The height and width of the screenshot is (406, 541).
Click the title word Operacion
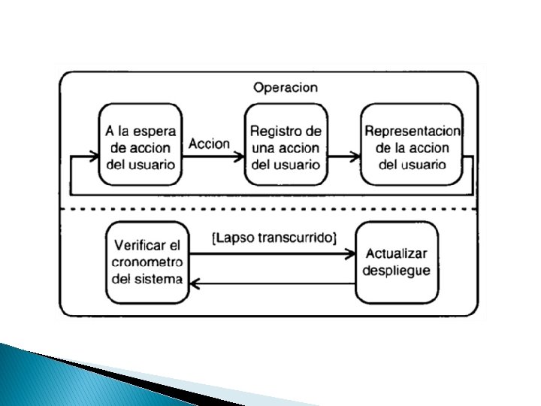(285, 87)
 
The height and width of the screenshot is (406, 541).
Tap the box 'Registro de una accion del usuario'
(285, 145)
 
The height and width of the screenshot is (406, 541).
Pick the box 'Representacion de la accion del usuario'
(413, 145)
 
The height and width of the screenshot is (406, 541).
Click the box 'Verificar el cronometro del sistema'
(147, 262)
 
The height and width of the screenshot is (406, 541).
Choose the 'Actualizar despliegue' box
(396, 262)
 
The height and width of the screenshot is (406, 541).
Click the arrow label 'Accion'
(209, 144)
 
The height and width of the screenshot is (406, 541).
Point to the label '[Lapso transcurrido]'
(274, 238)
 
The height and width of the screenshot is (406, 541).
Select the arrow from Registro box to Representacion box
(343, 157)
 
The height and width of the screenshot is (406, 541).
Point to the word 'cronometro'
(147, 262)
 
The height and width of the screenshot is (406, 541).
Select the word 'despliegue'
(396, 270)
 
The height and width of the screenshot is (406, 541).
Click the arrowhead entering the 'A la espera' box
(95, 157)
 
